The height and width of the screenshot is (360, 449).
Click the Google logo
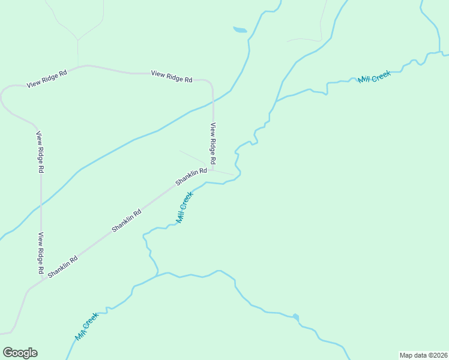click(20, 353)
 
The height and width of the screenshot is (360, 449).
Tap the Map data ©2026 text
click(423, 355)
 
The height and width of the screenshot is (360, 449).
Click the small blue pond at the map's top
click(240, 29)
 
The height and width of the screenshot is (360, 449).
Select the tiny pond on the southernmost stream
click(296, 317)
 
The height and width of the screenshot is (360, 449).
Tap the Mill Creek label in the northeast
click(374, 77)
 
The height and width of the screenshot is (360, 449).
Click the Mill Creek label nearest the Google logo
click(86, 327)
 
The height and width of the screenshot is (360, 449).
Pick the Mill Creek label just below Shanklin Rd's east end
click(184, 208)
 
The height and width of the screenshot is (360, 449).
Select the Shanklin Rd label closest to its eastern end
click(191, 176)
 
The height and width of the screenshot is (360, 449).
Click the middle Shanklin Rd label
click(127, 220)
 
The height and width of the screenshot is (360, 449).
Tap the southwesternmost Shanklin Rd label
click(63, 266)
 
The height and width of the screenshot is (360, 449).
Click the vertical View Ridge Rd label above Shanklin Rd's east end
click(212, 145)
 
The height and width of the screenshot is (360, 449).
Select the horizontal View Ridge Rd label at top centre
click(172, 76)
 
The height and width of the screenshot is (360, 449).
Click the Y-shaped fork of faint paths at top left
click(77, 40)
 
